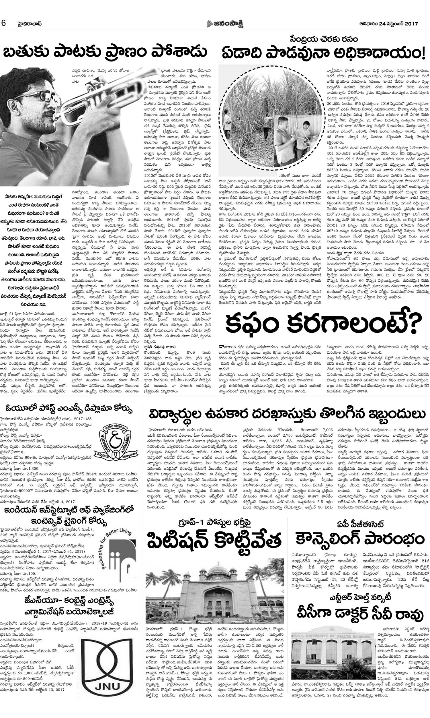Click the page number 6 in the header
tap(4, 24)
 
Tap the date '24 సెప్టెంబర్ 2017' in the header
tap(395, 24)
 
